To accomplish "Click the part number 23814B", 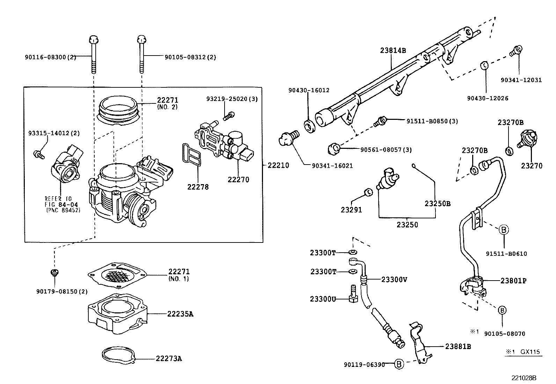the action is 393,50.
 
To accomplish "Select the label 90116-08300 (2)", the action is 50,57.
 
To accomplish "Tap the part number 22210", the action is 278,165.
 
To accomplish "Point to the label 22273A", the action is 169,358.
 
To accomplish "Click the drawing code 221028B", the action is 524,378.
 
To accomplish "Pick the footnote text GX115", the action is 530,352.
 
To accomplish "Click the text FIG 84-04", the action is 61,204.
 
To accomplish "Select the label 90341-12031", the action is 521,80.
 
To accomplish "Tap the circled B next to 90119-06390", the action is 399,364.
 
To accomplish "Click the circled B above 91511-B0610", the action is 504,230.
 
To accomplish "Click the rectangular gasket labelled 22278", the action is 192,154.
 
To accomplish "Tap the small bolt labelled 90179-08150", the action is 54,273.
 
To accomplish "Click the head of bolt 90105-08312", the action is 141,39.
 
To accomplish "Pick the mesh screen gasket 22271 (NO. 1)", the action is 117,275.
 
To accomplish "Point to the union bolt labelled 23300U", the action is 353,294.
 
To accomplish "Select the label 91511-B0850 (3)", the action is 432,121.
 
